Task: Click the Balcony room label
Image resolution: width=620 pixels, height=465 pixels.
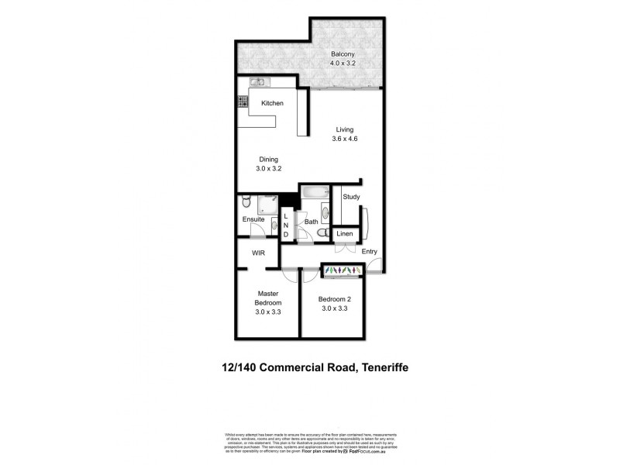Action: click(342, 54)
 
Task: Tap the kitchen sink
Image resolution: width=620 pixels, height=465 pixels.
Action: click(257, 82)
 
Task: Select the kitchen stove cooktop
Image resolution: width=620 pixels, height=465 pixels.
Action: click(243, 102)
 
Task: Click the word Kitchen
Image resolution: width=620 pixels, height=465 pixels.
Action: click(272, 103)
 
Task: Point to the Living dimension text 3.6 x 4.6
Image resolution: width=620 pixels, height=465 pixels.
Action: click(344, 139)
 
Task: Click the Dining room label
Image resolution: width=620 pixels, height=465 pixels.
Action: click(268, 159)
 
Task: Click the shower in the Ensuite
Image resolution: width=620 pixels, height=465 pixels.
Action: click(268, 205)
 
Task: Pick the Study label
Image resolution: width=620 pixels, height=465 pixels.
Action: click(350, 197)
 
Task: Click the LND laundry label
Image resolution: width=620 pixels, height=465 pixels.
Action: click(286, 226)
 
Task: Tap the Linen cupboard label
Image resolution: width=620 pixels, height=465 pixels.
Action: click(346, 233)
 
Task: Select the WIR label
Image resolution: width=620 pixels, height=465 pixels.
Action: click(258, 253)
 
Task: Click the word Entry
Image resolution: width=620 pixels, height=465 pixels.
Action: click(369, 250)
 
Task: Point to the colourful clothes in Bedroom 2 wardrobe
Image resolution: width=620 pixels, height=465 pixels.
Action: click(341, 270)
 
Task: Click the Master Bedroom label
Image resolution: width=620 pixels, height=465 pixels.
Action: click(268, 298)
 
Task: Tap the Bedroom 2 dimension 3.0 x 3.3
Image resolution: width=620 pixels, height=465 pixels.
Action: click(332, 308)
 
